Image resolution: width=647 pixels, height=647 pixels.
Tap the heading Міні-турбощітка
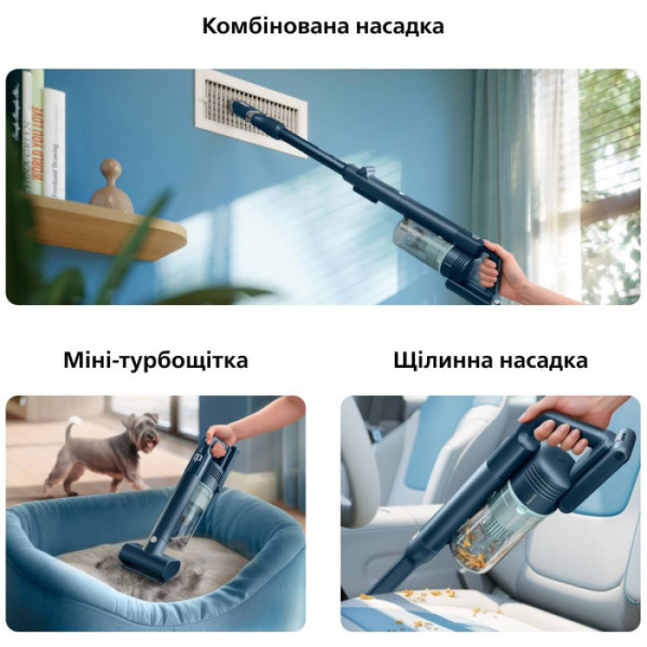pyautogui.click(x=155, y=360)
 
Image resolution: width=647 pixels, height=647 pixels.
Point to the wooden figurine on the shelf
pyautogui.click(x=111, y=187)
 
